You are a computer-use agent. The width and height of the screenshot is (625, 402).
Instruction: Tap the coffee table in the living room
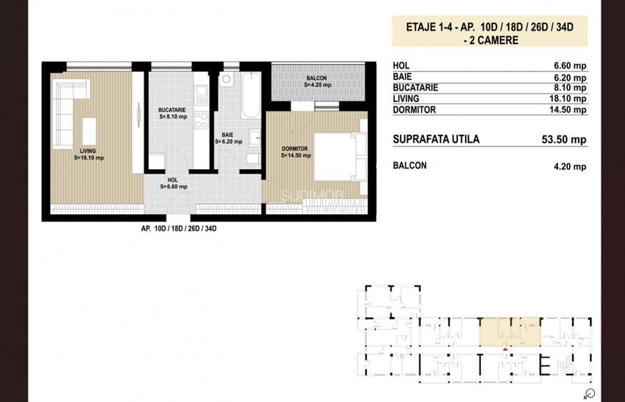(x=89, y=131)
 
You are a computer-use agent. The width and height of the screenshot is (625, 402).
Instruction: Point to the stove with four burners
(x=201, y=119)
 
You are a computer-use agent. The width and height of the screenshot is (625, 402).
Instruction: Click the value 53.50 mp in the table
(x=564, y=140)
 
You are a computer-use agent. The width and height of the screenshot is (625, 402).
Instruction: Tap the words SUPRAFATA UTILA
(x=436, y=139)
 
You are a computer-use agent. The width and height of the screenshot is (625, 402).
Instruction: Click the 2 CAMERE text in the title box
(x=489, y=41)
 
